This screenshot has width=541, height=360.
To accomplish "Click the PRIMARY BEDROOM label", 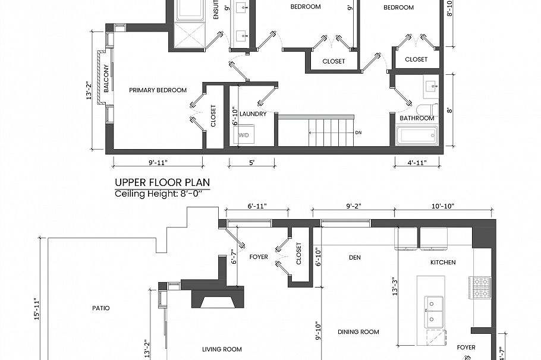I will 158,90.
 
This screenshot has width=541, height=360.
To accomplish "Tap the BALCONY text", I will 106,78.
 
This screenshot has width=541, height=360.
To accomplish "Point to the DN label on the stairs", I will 358,132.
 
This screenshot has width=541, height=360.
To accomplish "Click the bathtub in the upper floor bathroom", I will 417,135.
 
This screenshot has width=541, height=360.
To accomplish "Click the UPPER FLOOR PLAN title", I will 162,182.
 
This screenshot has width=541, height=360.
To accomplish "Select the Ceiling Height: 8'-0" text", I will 162,194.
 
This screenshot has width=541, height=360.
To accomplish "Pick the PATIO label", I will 100,308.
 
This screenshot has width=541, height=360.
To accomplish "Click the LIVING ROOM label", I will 222,349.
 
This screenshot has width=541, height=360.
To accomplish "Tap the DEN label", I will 355,257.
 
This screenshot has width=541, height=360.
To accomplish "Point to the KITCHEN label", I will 443,262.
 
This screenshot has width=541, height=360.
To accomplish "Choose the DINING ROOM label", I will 358,331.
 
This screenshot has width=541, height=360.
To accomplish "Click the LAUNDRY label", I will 253,113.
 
